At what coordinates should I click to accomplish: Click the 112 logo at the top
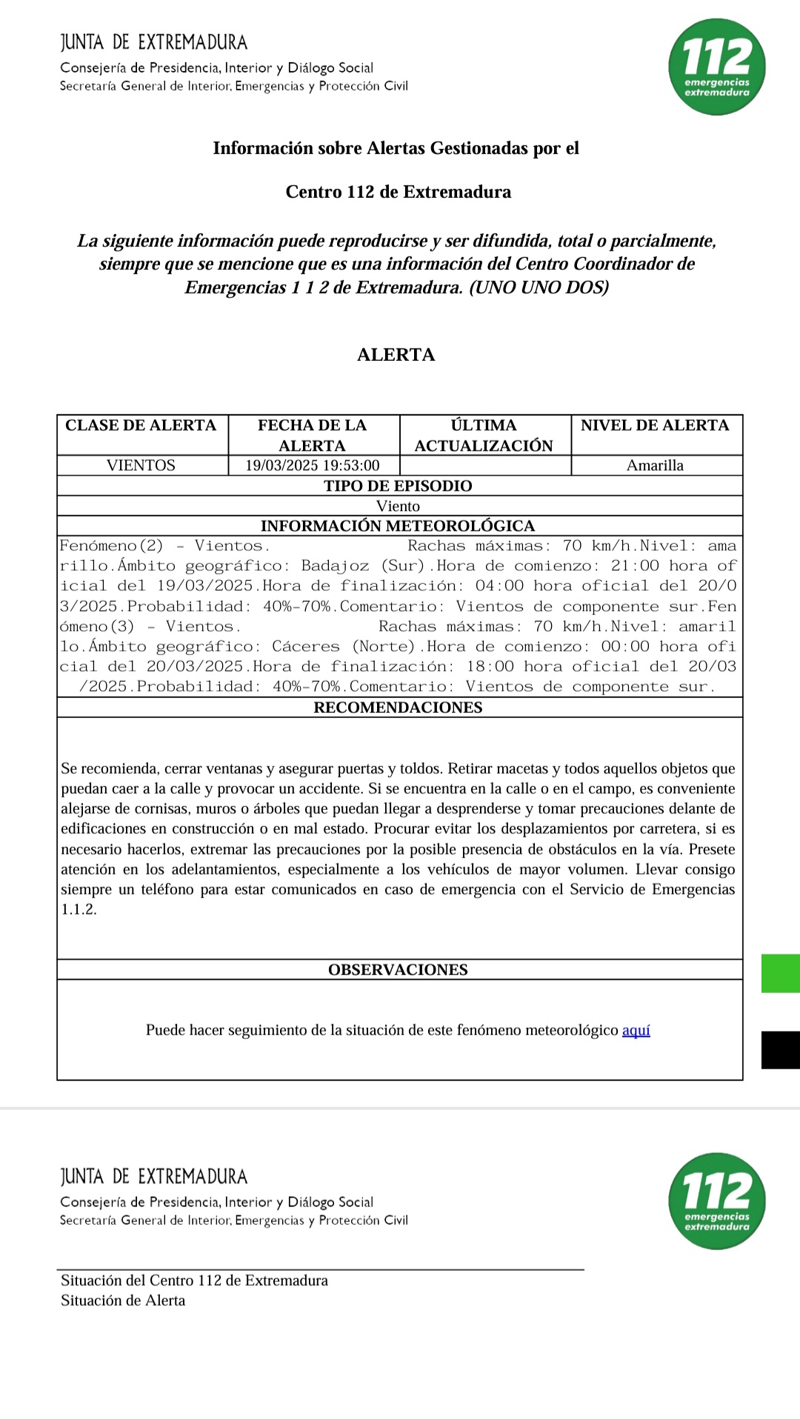coord(716,67)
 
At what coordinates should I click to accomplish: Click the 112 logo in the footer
coord(716,1200)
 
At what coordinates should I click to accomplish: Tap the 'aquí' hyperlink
coord(636,1030)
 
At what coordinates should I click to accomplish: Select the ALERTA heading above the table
coord(396,355)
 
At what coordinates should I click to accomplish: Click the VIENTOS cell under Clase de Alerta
coord(141,465)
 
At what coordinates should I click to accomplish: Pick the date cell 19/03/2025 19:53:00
coord(312,465)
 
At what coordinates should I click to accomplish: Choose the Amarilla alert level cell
coord(655,465)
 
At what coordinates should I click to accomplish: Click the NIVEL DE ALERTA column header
coord(655,425)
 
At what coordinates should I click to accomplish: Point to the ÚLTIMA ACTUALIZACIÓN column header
coord(484,435)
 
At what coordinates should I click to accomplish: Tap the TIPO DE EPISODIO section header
coord(398,486)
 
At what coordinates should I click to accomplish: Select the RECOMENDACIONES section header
coord(398,708)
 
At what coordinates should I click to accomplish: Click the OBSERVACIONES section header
coord(398,970)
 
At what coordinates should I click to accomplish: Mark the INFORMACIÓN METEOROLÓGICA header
coord(398,526)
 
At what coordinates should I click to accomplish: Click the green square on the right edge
coord(781,973)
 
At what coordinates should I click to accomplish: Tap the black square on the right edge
coord(781,1050)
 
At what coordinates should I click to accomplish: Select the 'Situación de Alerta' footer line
coord(123,1300)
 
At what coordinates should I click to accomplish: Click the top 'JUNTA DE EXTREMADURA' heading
coord(154,42)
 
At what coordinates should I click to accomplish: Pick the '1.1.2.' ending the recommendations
coord(79,910)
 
